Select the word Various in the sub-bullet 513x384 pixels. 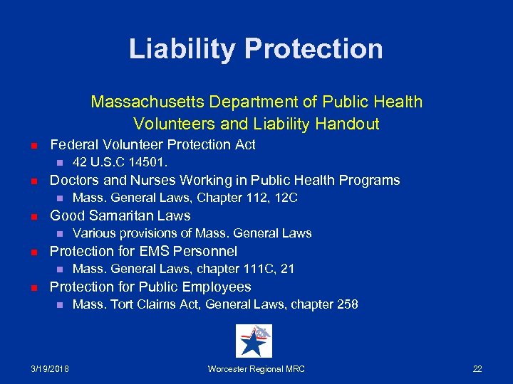pos(93,233)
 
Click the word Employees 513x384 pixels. pos(217,287)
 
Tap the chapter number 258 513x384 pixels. pos(348,304)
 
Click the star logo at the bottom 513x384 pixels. pos(254,341)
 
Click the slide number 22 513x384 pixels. pos(477,368)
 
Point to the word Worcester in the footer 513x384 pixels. pos(230,368)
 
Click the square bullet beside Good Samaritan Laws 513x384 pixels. pos(33,216)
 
